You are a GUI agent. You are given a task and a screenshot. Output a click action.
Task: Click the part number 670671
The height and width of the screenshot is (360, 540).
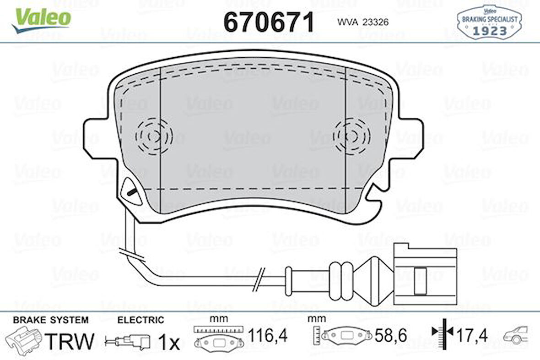coord(269,22)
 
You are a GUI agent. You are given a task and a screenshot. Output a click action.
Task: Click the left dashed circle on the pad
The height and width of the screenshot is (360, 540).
coord(153,135)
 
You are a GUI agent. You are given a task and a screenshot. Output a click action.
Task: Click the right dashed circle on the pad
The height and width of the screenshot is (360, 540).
coord(352,135)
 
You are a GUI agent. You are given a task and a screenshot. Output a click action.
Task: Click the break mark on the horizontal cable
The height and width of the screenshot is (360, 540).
coord(259,279)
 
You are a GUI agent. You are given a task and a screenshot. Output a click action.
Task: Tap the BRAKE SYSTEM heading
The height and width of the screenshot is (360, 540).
coord(50,320)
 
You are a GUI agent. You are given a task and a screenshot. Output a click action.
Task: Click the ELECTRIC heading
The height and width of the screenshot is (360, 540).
coord(140,320)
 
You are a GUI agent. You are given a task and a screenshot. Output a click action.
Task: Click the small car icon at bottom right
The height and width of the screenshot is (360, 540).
coord(516,335)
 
